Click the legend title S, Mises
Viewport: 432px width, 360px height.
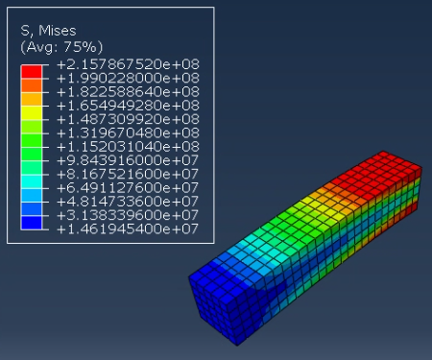[48, 31]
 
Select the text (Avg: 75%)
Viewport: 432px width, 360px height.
[61, 47]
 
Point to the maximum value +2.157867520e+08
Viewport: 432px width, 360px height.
[128, 64]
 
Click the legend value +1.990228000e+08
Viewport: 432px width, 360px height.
[128, 78]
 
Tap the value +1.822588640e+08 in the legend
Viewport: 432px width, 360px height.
[128, 92]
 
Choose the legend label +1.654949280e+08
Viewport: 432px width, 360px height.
[128, 106]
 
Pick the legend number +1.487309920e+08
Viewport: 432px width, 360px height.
[128, 119]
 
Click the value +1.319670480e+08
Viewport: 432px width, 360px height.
[128, 132]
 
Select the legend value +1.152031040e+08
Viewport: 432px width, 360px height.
[128, 147]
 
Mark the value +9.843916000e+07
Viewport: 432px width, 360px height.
[128, 160]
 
